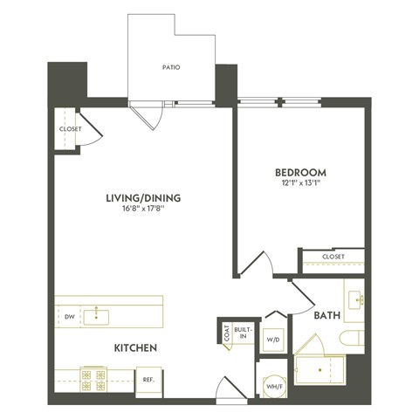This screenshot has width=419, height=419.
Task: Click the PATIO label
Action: coord(171,67)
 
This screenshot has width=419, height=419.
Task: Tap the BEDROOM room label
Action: coord(300,172)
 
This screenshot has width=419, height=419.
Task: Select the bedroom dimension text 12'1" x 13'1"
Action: coord(300,184)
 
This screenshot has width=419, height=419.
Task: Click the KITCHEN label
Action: coord(134,348)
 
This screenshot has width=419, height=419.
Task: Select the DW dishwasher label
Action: coord(70,316)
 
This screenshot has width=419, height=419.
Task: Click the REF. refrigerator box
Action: coord(149,380)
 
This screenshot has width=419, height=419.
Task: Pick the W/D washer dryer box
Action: coord(273,339)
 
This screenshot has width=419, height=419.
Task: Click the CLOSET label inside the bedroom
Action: coord(333,257)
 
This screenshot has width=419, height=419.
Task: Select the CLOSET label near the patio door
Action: coord(70,129)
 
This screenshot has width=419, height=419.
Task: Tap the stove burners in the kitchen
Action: coord(93,378)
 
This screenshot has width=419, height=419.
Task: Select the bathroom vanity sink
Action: coord(356,299)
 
